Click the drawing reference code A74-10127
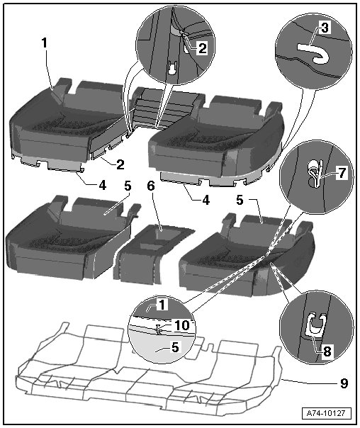pyautogui.click(x=327, y=412)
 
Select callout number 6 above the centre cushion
pyautogui.click(x=151, y=186)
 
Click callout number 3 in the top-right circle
pyautogui.click(x=325, y=28)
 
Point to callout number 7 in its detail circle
pyautogui.click(x=342, y=173)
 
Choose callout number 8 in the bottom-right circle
pyautogui.click(x=327, y=351)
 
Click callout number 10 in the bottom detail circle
pyautogui.click(x=182, y=325)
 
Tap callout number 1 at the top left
pyautogui.click(x=45, y=43)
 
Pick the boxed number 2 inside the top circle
pyautogui.click(x=202, y=48)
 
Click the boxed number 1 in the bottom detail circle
pyautogui.click(x=162, y=305)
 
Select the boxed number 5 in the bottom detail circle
pyautogui.click(x=175, y=347)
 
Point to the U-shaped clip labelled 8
pyautogui.click(x=315, y=326)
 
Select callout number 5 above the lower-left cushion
pyautogui.click(x=128, y=186)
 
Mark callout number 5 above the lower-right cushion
pyautogui.click(x=240, y=200)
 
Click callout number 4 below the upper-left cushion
pyautogui.click(x=102, y=186)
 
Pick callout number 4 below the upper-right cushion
pyautogui.click(x=206, y=200)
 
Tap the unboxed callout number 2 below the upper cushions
pyautogui.click(x=120, y=164)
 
